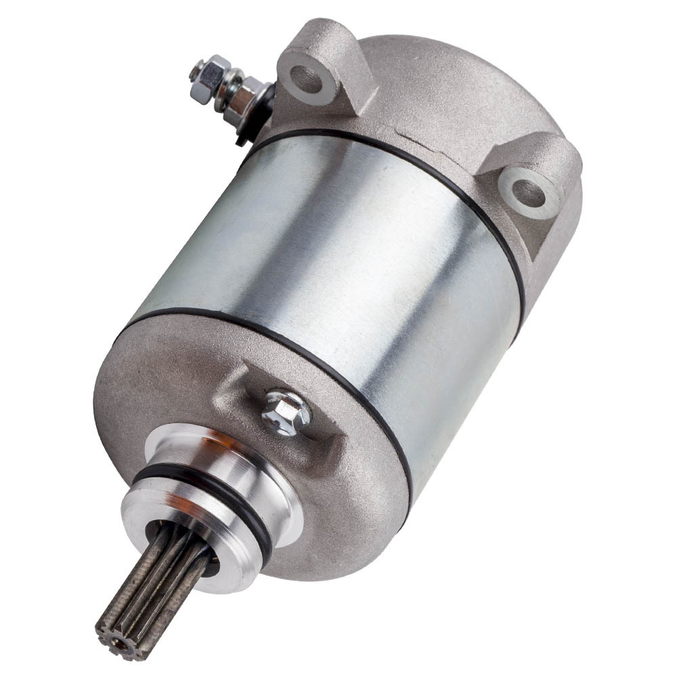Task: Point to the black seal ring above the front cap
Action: click(x=271, y=332)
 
